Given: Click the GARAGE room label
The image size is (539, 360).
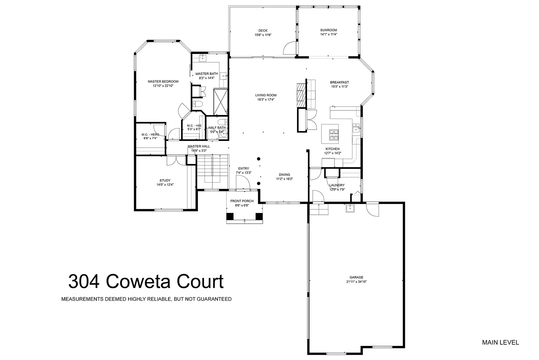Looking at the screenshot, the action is coord(356,277).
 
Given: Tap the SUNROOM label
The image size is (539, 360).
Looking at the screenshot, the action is coord(328,30).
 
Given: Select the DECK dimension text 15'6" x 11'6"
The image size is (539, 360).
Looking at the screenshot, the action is coord(263,35).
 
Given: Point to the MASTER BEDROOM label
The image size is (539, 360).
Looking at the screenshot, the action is coord(163,82).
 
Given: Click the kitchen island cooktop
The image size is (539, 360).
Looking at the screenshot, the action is coord(333,135).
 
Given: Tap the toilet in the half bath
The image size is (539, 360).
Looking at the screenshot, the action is coord(221,122).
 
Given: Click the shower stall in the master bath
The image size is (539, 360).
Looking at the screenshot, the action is coord(220,102).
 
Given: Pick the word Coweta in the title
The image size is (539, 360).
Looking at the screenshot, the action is coord(138,282).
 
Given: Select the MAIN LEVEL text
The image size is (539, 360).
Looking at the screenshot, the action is coord(500,342).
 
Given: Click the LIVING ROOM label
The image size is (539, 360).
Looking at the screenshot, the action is coord(266,95).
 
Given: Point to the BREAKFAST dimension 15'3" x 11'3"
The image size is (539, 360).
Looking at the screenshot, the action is coord(339,87).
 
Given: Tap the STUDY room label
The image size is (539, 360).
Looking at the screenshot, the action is coord(165,180).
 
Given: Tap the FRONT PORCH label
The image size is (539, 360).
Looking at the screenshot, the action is coord(242,201).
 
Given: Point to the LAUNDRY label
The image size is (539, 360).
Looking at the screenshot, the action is coord(337,185).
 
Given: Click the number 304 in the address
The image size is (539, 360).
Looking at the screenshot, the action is coord(84,282).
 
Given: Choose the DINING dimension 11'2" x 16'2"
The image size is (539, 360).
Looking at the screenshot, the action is coord(284,179).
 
